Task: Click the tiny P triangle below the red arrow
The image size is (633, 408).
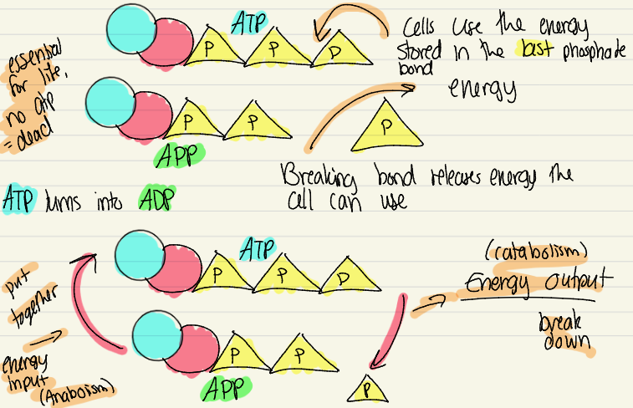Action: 365,387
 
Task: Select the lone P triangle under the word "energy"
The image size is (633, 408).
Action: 385,128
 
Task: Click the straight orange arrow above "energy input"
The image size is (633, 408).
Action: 52,338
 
